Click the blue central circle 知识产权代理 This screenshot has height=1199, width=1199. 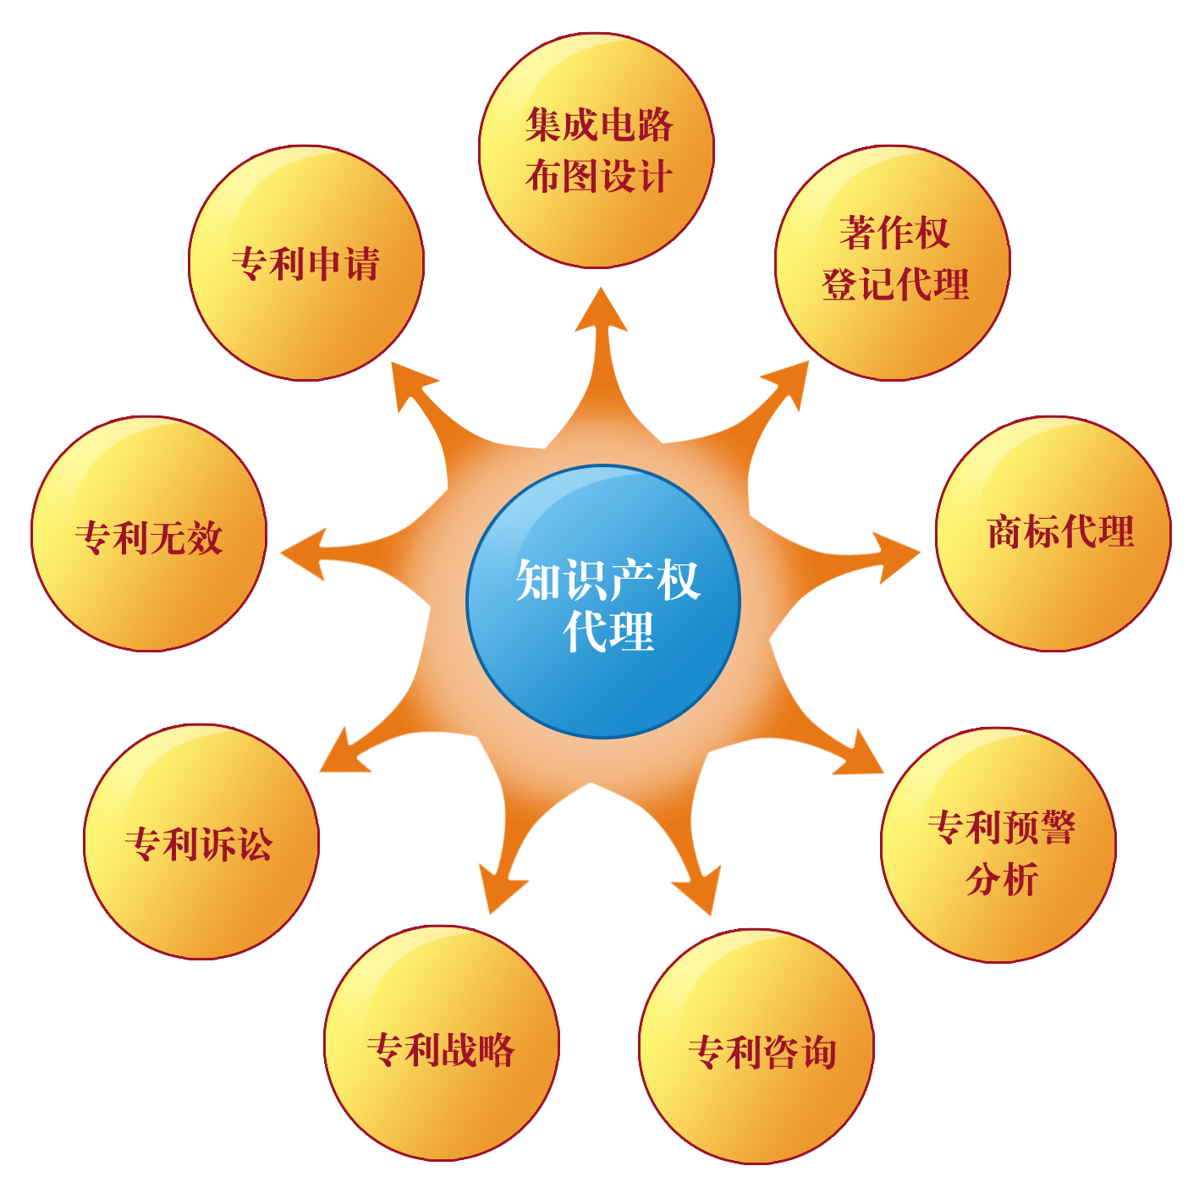[603, 602]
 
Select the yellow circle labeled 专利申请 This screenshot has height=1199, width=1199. [305, 263]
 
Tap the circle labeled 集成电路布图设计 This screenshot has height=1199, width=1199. [597, 151]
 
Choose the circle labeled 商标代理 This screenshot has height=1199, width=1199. [1053, 533]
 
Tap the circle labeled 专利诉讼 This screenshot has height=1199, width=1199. [201, 842]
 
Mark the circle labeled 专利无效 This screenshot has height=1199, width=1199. [149, 534]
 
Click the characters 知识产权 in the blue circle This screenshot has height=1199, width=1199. [608, 580]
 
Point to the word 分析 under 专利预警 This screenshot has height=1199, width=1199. [1001, 880]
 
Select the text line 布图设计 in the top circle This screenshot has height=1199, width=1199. [598, 177]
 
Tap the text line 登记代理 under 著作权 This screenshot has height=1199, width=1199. [895, 284]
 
